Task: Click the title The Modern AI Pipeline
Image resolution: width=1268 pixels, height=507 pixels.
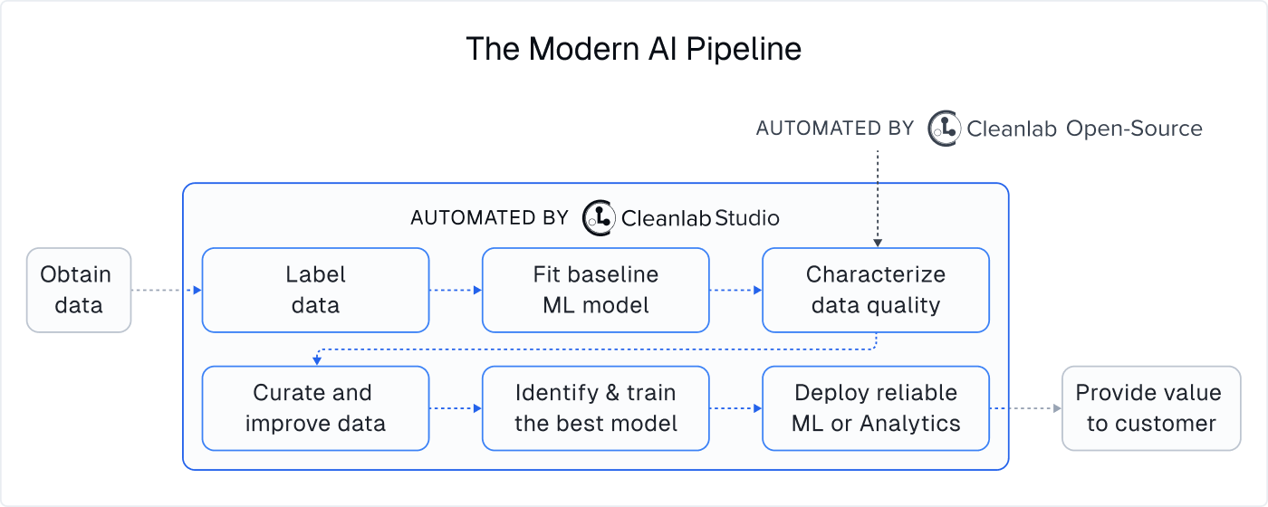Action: click(633, 49)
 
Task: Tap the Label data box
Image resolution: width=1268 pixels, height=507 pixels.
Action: click(315, 290)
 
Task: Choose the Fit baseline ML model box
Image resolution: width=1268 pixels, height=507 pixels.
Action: click(595, 290)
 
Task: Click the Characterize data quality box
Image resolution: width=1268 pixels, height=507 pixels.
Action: click(875, 290)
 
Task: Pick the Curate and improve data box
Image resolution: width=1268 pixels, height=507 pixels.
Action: click(315, 408)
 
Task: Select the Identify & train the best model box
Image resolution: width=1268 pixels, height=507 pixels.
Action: click(595, 408)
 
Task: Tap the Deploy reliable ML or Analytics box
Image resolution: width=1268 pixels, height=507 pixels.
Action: click(875, 408)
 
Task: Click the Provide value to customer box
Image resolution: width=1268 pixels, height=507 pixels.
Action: click(1150, 408)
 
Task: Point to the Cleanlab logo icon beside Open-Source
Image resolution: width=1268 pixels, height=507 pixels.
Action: click(945, 129)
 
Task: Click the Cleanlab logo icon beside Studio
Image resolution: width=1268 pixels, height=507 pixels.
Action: click(599, 217)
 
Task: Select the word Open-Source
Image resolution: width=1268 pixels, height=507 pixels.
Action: click(1134, 129)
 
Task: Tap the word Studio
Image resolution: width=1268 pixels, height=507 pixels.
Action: click(747, 217)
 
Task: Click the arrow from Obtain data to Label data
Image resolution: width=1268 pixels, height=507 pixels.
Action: click(166, 291)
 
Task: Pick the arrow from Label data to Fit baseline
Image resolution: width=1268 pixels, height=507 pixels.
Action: click(455, 291)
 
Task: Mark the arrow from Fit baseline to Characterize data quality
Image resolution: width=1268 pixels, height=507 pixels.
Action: click(735, 291)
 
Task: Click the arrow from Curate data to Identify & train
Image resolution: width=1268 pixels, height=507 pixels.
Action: click(455, 408)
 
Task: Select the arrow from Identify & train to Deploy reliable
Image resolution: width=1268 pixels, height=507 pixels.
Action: click(735, 408)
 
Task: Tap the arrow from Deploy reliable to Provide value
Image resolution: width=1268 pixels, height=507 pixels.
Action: click(1025, 408)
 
